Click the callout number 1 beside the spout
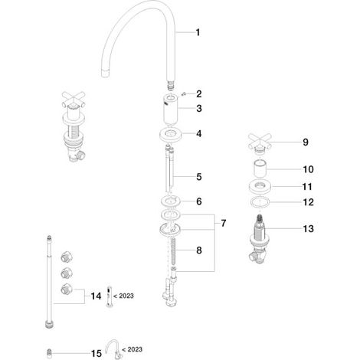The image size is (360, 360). point(198,32)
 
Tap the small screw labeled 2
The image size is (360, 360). point(183,94)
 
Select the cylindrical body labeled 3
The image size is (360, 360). point(170,109)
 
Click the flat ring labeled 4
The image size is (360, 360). point(171,134)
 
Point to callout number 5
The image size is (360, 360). point(199,177)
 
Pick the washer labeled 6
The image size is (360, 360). point(171,201)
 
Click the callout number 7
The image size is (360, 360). point(224,223)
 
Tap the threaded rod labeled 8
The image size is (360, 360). point(173,252)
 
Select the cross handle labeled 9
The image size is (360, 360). point(260,143)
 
